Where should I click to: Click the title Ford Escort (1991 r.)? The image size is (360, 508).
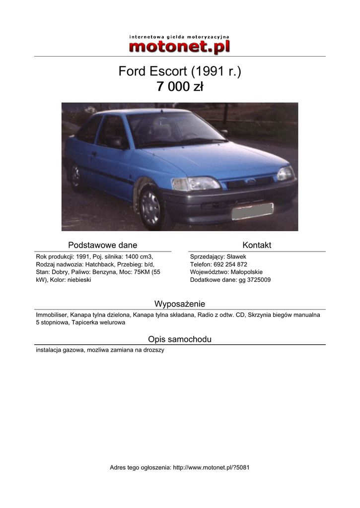click(x=179, y=71)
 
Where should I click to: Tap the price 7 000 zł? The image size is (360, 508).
click(x=179, y=87)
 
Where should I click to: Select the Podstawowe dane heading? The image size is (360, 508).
click(x=102, y=245)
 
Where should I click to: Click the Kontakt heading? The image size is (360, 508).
click(x=257, y=245)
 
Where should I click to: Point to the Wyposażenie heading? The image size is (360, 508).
click(x=180, y=304)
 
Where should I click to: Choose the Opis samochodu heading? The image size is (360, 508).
click(x=180, y=339)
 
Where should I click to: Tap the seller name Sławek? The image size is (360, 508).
click(x=236, y=256)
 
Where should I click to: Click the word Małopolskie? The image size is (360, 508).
click(x=247, y=272)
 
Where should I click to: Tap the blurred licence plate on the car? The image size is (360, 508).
click(x=252, y=211)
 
